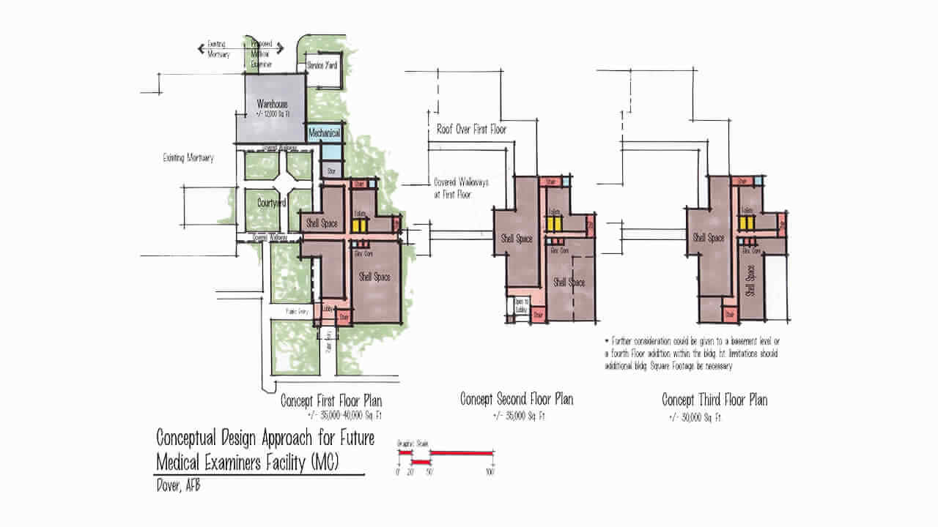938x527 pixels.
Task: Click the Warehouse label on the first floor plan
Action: pos(271,105)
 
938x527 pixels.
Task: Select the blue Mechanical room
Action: pos(323,133)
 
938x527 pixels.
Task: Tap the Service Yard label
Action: pos(322,65)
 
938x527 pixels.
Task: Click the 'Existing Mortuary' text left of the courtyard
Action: pos(189,157)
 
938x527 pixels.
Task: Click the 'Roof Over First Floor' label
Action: pos(471,130)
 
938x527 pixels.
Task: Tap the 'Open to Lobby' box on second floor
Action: pos(521,304)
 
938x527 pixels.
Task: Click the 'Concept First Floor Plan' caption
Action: pos(330,401)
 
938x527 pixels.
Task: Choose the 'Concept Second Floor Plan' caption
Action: pos(517,399)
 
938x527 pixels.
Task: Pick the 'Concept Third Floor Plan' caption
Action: pos(714,400)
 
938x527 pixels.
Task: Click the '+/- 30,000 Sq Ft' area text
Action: pos(695,418)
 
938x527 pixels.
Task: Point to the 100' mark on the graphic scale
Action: pos(490,471)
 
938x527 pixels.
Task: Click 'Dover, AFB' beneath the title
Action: pos(178,487)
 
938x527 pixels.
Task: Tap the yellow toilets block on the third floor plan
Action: pos(747,221)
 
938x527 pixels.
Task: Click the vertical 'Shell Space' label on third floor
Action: pos(750,281)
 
